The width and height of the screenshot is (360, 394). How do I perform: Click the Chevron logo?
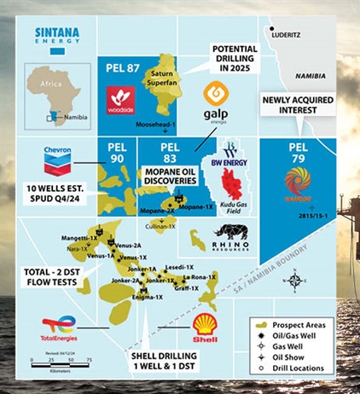click(x=57, y=159)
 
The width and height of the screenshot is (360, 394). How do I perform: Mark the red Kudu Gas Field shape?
click(x=230, y=182)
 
